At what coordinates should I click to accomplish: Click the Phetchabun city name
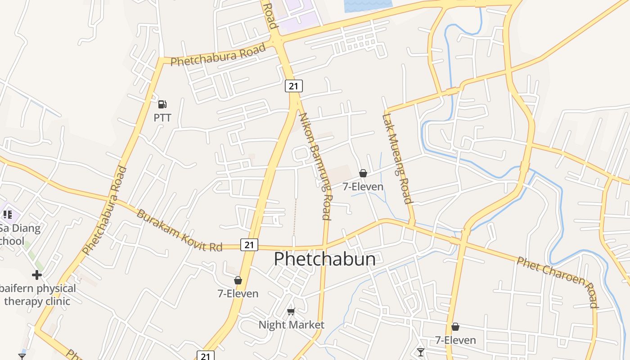pyautogui.click(x=324, y=259)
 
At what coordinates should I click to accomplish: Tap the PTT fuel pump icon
pyautogui.click(x=162, y=104)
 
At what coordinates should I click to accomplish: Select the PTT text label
pyautogui.click(x=162, y=118)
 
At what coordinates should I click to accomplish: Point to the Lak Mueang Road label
pyautogui.click(x=397, y=158)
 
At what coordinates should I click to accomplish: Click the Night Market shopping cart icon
pyautogui.click(x=291, y=311)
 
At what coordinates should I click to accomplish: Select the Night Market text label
pyautogui.click(x=291, y=324)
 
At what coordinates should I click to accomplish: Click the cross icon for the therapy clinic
pyautogui.click(x=37, y=275)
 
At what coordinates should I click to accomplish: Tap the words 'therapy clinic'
pyautogui.click(x=37, y=301)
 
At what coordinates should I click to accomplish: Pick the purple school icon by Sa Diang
pyautogui.click(x=7, y=214)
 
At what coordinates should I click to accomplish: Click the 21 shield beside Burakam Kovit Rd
pyautogui.click(x=249, y=245)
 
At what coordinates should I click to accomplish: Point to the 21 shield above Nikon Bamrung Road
pyautogui.click(x=293, y=86)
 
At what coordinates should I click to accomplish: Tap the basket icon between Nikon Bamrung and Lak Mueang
pyautogui.click(x=363, y=173)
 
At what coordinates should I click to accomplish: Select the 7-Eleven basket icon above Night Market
pyautogui.click(x=238, y=280)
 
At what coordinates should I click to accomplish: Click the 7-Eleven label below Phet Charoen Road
pyautogui.click(x=455, y=340)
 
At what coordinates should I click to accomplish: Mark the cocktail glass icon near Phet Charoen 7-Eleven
pyautogui.click(x=421, y=351)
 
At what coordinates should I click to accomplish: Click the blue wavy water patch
pyautogui.click(x=367, y=5)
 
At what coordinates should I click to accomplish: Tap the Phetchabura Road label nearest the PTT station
pyautogui.click(x=218, y=55)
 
